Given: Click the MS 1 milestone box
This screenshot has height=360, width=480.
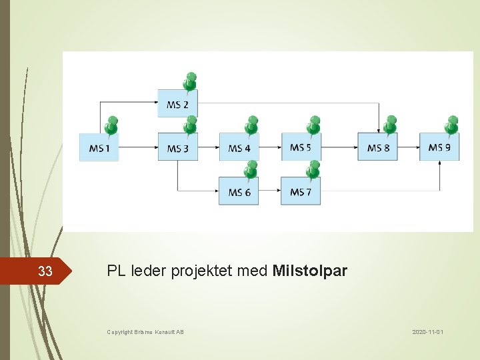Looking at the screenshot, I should point(99,147).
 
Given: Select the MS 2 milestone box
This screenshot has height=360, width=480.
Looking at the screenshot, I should point(177,104).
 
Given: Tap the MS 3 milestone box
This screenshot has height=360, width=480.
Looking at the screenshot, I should point(177,147).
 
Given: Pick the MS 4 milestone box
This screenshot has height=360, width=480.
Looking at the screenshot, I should point(239,147).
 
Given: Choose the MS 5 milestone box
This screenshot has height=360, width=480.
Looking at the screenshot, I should point(301,147).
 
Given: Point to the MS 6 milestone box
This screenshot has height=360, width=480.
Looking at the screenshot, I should point(239,192).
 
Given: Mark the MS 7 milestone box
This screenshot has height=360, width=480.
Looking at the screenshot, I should point(301,192).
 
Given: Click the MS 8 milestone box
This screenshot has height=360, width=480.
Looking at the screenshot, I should point(378,147).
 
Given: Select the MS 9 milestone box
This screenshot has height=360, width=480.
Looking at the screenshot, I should point(439,147).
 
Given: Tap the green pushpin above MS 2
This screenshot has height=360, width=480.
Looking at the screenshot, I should point(190,81).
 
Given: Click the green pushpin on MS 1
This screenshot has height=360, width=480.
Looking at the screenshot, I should point(111,125).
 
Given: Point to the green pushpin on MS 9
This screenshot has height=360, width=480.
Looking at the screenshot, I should point(452,125).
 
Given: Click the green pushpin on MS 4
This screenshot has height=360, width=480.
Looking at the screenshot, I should point(251,125).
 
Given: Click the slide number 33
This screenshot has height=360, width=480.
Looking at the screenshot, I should point(45,271).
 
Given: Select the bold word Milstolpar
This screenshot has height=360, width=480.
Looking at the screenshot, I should point(310,271).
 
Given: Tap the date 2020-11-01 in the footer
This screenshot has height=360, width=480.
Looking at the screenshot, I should point(428,331).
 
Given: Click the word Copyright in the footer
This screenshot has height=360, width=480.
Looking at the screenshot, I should point(120,331).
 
